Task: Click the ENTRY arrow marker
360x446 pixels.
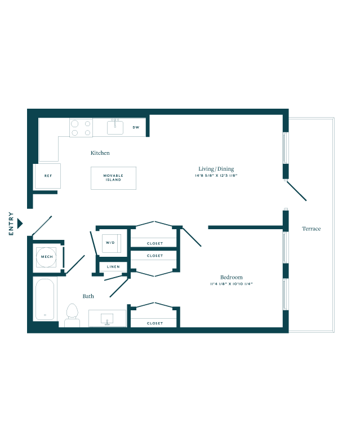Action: [20, 224]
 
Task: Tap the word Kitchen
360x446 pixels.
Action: [100, 153]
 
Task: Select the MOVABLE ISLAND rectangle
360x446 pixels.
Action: [114, 178]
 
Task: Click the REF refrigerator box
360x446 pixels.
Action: [47, 176]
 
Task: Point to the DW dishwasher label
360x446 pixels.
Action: [136, 127]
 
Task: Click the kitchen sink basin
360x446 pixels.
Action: [115, 128]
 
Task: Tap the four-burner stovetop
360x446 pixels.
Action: [81, 128]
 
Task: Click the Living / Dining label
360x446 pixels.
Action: [216, 169]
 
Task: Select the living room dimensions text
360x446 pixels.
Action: [216, 176]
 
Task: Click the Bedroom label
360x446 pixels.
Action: [232, 277]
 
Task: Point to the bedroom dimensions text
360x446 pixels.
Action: [232, 284]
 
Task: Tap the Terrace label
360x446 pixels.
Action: [312, 229]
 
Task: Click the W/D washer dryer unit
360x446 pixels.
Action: [112, 243]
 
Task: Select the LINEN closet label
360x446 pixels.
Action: [113, 267]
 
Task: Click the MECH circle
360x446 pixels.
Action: [47, 257]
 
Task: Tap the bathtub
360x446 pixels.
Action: [45, 299]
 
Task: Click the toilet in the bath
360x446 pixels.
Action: [72, 315]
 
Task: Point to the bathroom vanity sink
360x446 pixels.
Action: [107, 319]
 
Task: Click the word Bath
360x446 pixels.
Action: [88, 296]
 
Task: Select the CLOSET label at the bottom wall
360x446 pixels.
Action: [155, 323]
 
